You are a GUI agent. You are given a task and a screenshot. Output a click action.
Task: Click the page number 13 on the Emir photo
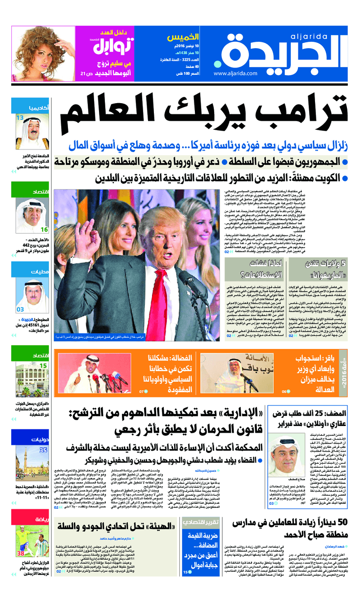click(x=20, y=118)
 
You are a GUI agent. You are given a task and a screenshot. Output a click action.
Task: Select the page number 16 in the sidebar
click(x=44, y=230)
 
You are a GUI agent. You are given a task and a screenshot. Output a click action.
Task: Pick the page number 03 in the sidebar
click(x=20, y=309)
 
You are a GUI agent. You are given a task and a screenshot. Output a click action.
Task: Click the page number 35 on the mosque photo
click(x=43, y=449)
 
